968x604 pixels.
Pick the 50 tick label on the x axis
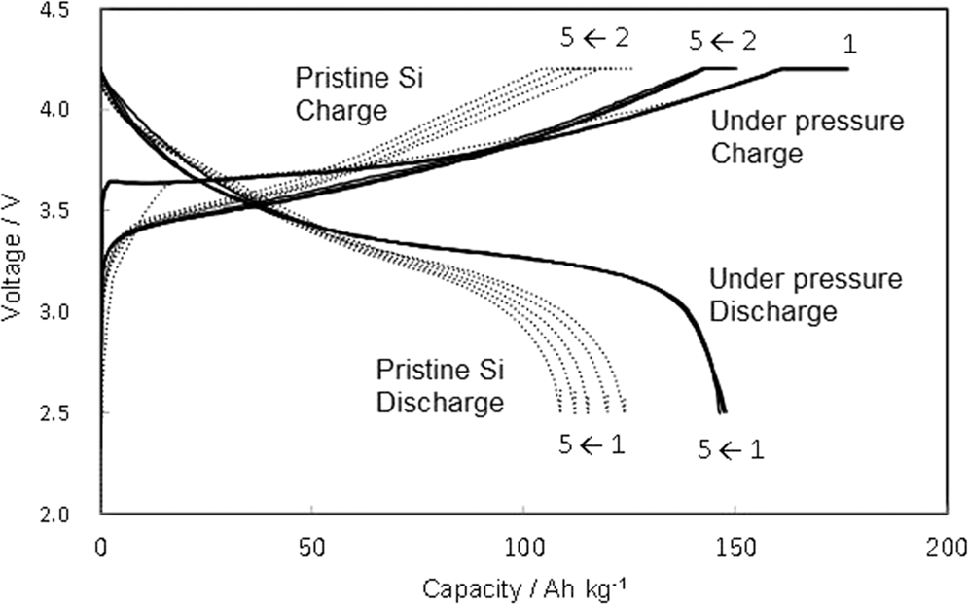[311, 548]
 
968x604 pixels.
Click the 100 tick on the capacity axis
[522, 548]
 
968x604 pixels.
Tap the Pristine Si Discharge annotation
[440, 386]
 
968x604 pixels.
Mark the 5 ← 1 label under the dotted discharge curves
[591, 444]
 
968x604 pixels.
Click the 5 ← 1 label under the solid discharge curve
[731, 448]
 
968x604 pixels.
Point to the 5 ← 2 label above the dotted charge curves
[593, 40]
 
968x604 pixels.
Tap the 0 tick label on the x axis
[101, 548]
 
